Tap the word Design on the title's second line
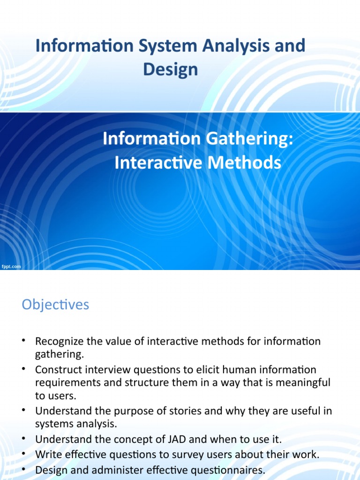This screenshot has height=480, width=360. point(171,70)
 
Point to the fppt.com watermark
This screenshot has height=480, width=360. point(11,266)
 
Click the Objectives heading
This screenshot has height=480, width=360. point(55,305)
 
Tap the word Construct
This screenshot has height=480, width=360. point(56,370)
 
